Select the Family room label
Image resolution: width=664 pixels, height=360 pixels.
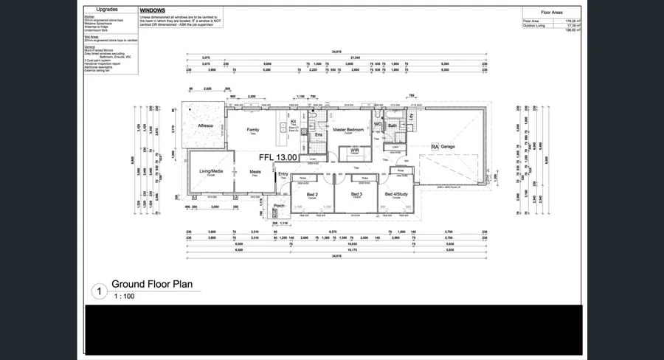click(253, 129)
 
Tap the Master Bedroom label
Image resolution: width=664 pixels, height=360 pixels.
click(349, 130)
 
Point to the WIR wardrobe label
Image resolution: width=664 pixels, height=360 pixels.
click(354, 150)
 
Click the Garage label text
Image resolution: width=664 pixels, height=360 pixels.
click(448, 147)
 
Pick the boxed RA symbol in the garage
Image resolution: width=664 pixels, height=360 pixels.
click(435, 147)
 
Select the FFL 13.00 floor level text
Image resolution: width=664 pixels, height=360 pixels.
click(277, 157)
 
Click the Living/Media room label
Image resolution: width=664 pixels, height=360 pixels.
click(210, 171)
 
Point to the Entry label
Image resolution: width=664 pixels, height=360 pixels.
click(283, 174)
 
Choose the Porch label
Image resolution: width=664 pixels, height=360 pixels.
click(279, 206)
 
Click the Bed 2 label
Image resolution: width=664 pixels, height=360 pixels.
click(312, 195)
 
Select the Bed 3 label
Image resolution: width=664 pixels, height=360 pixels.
click(356, 195)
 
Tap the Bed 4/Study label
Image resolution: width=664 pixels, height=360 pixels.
click(397, 195)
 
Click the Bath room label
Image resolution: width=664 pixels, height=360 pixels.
click(392, 125)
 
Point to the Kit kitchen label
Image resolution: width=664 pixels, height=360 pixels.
click(293, 122)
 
